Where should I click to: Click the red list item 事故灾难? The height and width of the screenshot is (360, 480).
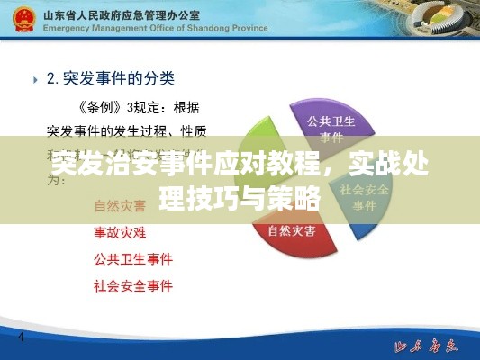click(121, 231)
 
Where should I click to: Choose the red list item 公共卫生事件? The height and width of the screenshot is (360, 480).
click(132, 259)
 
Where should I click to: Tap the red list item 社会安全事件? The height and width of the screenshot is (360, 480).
click(132, 287)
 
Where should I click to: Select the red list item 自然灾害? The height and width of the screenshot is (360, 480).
click(121, 204)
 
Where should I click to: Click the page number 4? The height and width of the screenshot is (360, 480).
click(21, 339)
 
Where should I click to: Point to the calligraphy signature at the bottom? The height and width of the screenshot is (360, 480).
click(427, 344)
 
